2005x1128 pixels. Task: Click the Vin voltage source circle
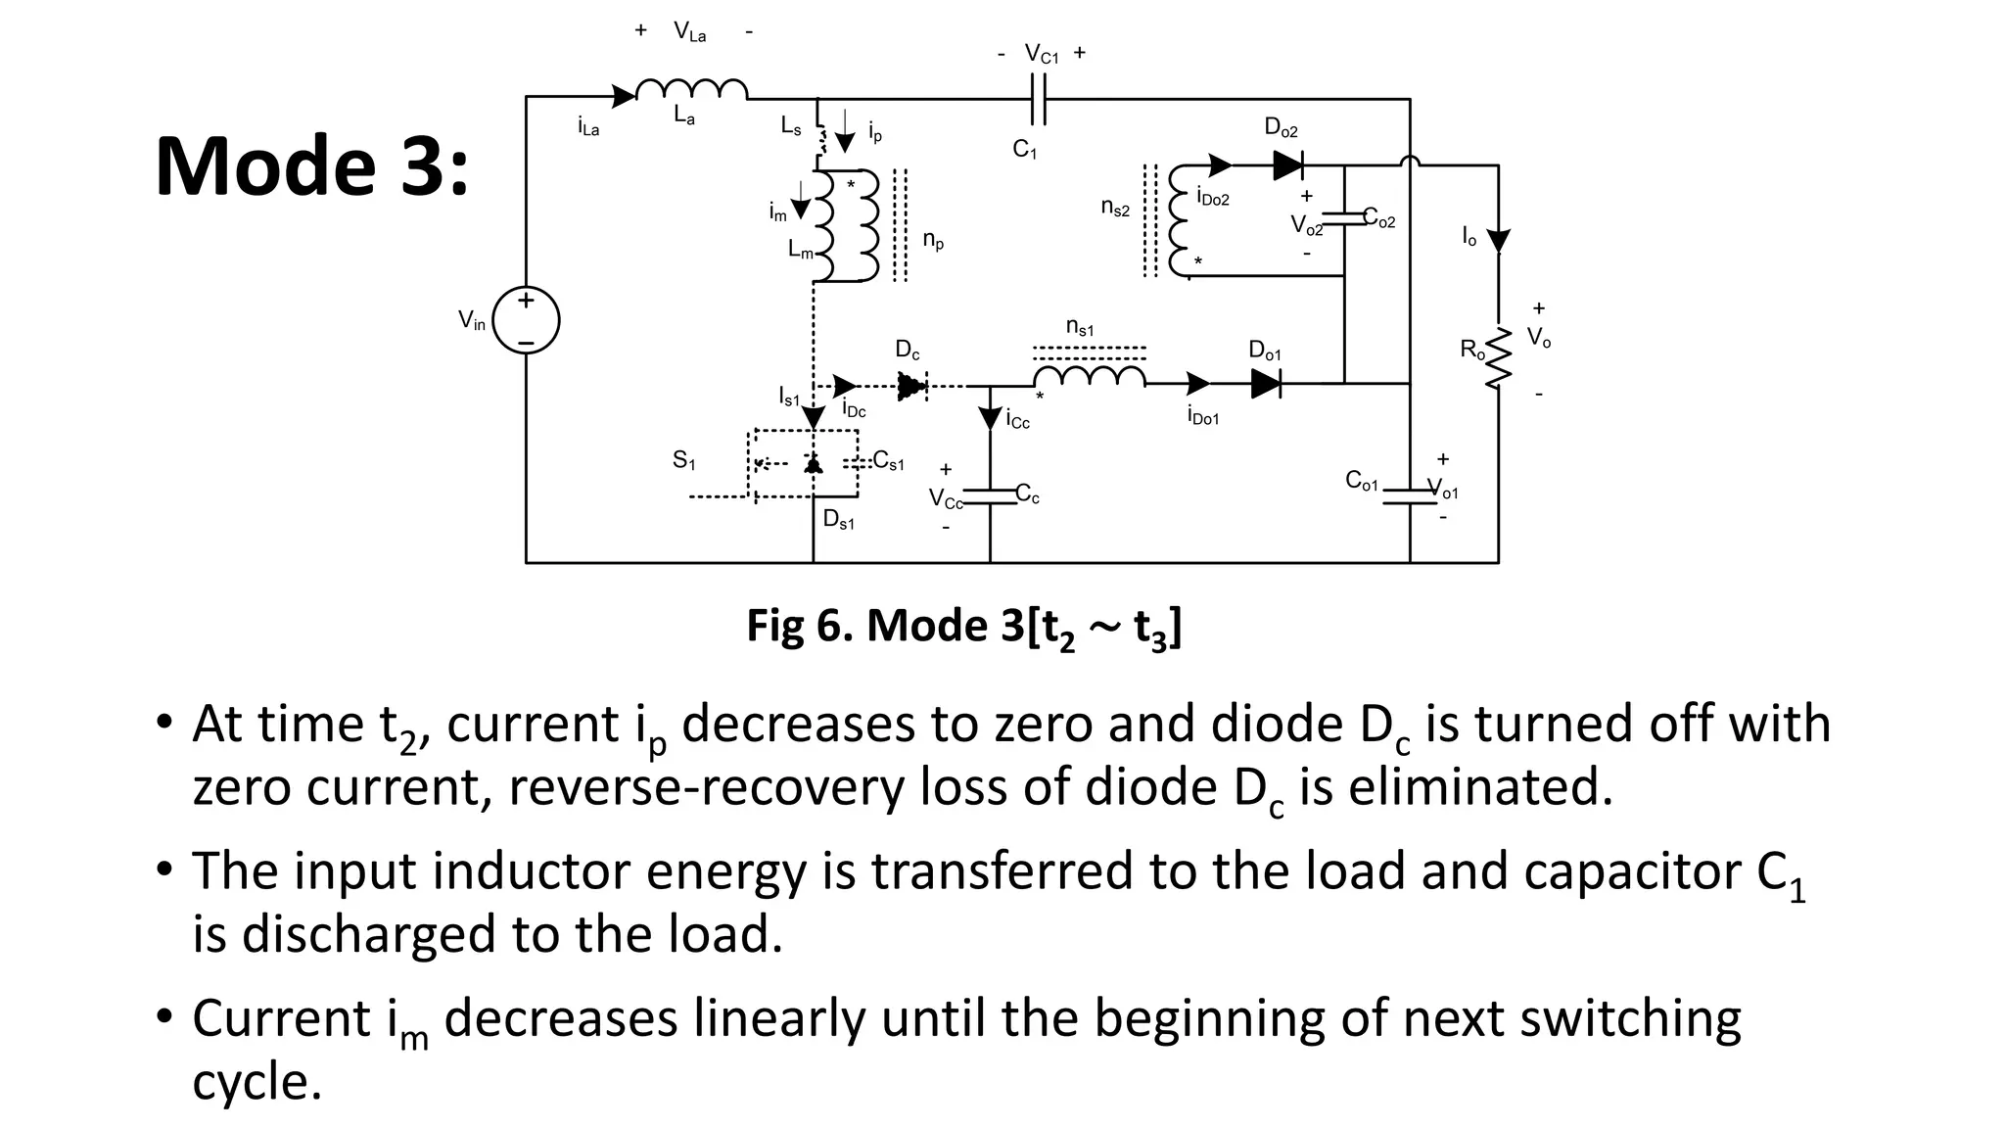click(x=526, y=320)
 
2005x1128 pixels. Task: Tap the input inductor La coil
click(x=691, y=90)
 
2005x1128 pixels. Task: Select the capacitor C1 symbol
click(x=1040, y=99)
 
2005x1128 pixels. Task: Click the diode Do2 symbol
click(x=1287, y=165)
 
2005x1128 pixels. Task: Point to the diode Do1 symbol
click(x=1266, y=384)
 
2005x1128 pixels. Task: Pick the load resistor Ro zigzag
click(x=1497, y=357)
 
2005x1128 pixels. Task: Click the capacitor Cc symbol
click(x=990, y=496)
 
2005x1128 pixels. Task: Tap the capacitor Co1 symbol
click(x=1410, y=496)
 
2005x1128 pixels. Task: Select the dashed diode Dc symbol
click(x=910, y=386)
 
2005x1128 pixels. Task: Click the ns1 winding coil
click(x=1089, y=377)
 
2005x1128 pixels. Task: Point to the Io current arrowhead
click(x=1498, y=241)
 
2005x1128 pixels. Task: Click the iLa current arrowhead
click(x=623, y=96)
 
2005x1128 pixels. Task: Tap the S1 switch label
click(x=683, y=459)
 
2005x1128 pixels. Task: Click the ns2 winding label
click(x=1114, y=208)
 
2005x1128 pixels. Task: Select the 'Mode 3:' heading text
click(x=312, y=165)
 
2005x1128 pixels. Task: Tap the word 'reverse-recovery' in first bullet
click(x=706, y=787)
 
